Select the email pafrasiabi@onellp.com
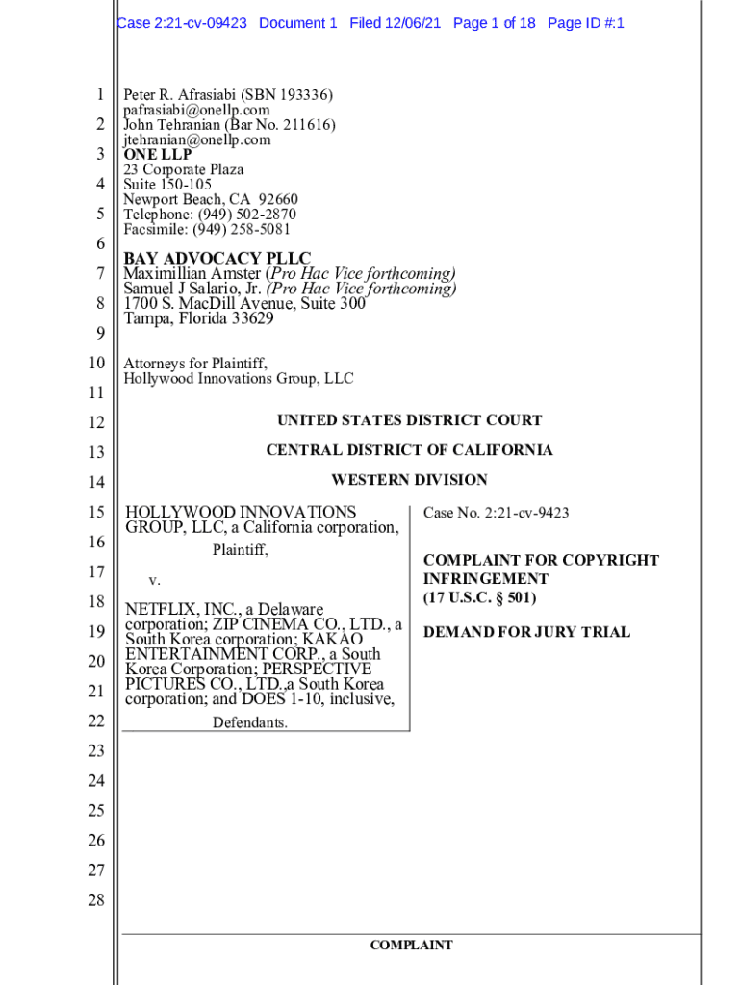[x=196, y=110]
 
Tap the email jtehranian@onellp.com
[x=197, y=139]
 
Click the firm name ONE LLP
[x=158, y=154]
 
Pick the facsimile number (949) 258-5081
[x=244, y=229]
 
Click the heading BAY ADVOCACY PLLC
[x=217, y=259]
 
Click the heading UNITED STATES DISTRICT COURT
[x=409, y=420]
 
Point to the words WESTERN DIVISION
[x=409, y=480]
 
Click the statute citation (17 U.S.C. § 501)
[x=479, y=597]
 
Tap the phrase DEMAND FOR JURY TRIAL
[x=526, y=632]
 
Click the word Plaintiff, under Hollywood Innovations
[x=240, y=551]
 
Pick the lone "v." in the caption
[x=154, y=580]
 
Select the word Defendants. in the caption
[x=249, y=722]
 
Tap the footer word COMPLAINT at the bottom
[x=411, y=946]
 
